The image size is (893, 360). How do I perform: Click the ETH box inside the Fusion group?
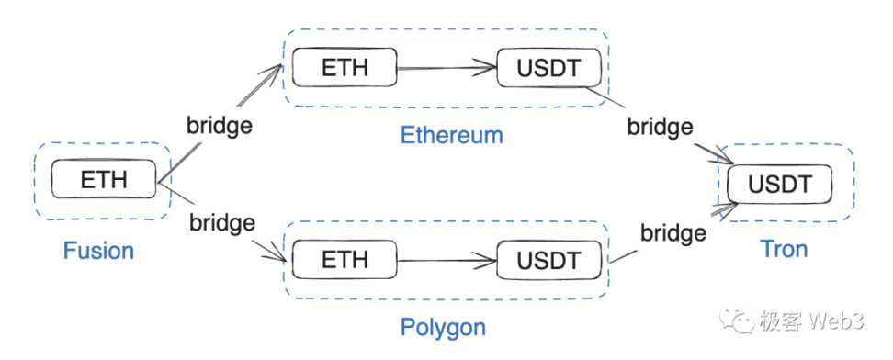coord(104,180)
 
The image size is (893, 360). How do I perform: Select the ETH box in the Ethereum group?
coord(345,68)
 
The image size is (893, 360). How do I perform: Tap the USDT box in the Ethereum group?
coord(548,68)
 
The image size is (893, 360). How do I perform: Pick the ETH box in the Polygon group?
coord(345,260)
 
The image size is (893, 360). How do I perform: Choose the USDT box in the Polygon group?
coord(548,260)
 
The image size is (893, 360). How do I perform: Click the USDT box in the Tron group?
coord(780,185)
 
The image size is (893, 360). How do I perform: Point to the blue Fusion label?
coord(98,250)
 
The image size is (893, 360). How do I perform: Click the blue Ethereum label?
coord(451,135)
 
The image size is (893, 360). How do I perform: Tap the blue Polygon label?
coord(443,327)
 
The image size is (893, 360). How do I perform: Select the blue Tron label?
coord(784,249)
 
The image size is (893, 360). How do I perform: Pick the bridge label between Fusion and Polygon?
coord(221,221)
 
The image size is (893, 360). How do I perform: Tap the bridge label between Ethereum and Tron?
coord(660,127)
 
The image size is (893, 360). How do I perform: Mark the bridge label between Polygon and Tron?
coord(673,232)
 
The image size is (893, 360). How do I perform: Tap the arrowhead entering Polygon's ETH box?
coord(277,257)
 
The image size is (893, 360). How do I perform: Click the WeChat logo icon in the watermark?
coord(737,321)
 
